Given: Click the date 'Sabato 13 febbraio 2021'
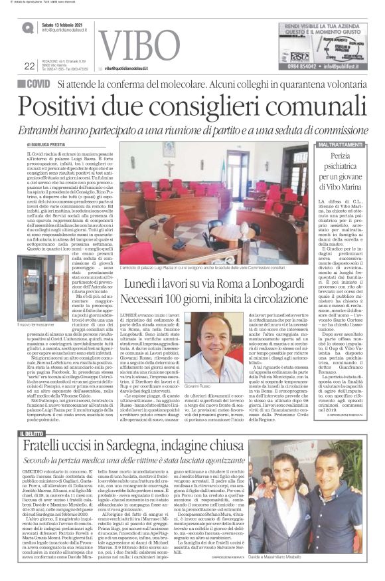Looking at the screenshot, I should pyautogui.click(x=64, y=25).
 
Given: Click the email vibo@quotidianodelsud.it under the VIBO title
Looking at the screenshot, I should pyautogui.click(x=134, y=68).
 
